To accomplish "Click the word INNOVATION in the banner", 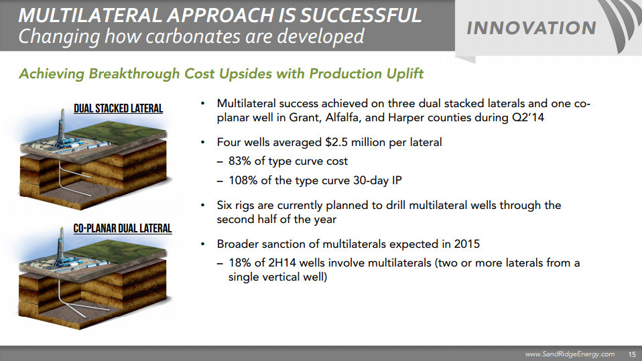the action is (x=531, y=28).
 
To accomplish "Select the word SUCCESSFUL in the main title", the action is (x=361, y=15).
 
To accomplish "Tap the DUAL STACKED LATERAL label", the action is (x=119, y=109).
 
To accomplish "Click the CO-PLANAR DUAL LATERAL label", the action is (x=123, y=228).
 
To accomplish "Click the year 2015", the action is (x=467, y=244).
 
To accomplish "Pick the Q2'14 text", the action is (x=528, y=118).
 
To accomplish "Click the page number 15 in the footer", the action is (x=632, y=354).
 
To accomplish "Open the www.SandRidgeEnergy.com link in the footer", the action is (x=570, y=354).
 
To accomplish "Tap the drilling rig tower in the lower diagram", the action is (x=61, y=246).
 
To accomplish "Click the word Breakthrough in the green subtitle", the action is (x=134, y=74).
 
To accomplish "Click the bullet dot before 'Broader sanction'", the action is (x=202, y=244).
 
